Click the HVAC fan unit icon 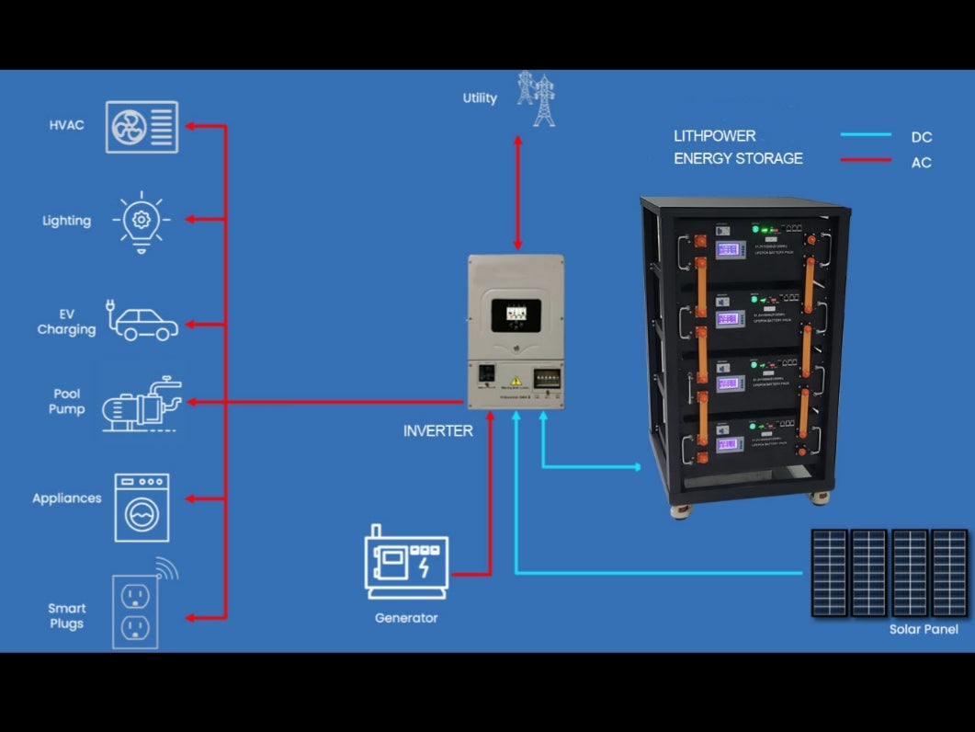[x=142, y=126]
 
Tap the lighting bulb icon [x=141, y=220]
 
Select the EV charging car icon [x=143, y=322]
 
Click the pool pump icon [x=141, y=405]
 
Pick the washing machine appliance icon [x=142, y=507]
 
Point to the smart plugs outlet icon [x=136, y=611]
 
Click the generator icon [x=405, y=562]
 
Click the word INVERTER [x=437, y=430]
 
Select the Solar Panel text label [x=924, y=629]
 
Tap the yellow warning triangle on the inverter [x=516, y=382]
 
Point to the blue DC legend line [x=866, y=135]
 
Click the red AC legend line [x=866, y=161]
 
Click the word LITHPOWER [x=714, y=136]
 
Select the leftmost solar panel [x=829, y=572]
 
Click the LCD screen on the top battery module [x=730, y=250]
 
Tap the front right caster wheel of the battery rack [x=818, y=498]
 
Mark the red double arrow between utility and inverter [x=517, y=192]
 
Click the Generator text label [x=405, y=618]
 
